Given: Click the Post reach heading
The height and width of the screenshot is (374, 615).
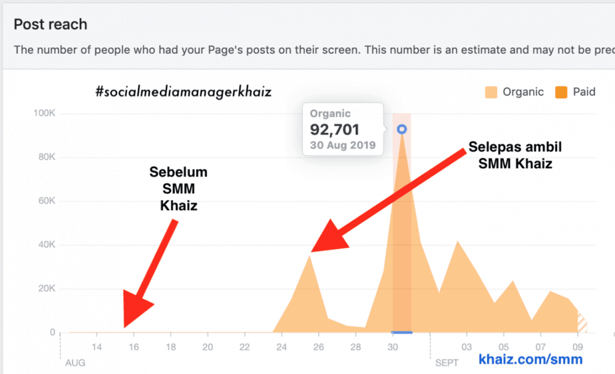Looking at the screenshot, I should point(51,25).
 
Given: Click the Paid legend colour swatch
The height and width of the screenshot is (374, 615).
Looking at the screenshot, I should point(562,92).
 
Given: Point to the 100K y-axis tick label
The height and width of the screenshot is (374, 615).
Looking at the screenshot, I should point(44,114).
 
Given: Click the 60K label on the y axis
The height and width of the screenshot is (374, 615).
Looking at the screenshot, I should point(46,201).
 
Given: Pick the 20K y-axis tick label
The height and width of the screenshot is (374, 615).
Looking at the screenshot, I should point(46,289).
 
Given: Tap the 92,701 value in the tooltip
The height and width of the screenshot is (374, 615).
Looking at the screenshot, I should point(335,130).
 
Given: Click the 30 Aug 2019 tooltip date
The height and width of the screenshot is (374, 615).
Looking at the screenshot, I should point(343,145).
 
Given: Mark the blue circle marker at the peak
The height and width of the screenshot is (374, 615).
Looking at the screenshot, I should point(401,130).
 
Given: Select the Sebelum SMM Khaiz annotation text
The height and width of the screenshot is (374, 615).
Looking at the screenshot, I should point(178,189).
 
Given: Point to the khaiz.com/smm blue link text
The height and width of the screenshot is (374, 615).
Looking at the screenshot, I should point(530,359).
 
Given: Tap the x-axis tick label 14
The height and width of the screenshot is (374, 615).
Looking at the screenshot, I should point(97,347).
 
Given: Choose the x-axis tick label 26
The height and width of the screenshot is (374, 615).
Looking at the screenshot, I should point(319,347).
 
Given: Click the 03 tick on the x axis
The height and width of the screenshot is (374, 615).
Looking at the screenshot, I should point(467,347).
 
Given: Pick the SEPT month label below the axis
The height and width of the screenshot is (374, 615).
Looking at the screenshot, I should point(447,363).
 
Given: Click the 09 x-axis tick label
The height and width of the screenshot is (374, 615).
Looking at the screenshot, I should point(578,347).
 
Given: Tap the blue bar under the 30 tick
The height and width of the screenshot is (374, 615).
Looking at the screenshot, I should point(401,332).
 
